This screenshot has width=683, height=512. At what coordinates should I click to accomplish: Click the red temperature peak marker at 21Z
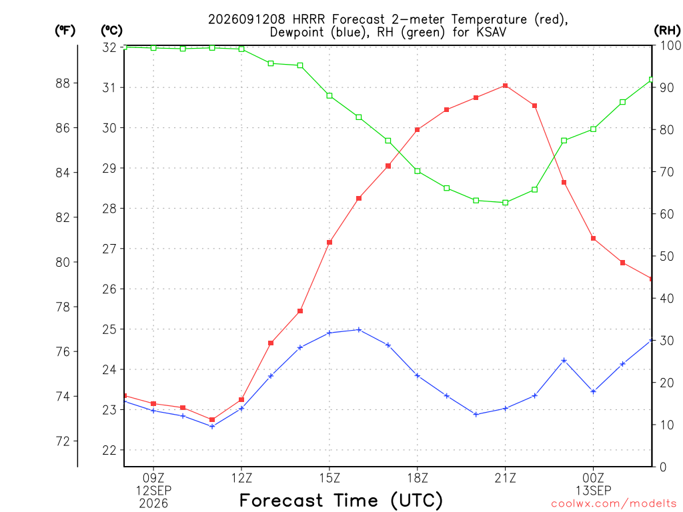tap(506, 86)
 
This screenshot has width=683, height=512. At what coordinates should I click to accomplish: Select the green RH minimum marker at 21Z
tap(506, 203)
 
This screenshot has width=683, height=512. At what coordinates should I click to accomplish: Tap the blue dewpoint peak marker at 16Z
tap(359, 330)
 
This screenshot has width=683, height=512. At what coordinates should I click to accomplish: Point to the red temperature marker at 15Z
tap(329, 242)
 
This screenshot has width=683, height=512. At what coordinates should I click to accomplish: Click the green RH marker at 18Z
tap(418, 171)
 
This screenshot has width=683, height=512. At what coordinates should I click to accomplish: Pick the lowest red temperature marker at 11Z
tap(212, 420)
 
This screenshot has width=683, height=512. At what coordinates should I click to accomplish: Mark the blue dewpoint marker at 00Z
tap(593, 391)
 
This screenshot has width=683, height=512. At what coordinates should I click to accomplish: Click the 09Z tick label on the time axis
tap(153, 478)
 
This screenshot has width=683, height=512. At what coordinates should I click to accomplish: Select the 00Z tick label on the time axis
tap(593, 478)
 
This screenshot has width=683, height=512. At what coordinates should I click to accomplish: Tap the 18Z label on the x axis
tap(418, 478)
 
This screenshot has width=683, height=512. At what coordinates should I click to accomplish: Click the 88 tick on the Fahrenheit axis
tap(63, 83)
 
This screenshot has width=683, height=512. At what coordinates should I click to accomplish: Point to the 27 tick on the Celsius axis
tap(109, 249)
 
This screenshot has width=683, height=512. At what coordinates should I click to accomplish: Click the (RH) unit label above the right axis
tap(667, 31)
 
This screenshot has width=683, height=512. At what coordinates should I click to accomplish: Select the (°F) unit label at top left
tap(65, 31)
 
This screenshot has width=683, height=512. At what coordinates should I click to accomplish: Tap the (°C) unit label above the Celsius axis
tap(111, 31)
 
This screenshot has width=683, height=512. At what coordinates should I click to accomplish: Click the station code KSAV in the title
tap(491, 32)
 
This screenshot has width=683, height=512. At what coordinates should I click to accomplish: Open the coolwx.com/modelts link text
tap(614, 503)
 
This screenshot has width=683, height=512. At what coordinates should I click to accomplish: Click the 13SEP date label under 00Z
tap(593, 491)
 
